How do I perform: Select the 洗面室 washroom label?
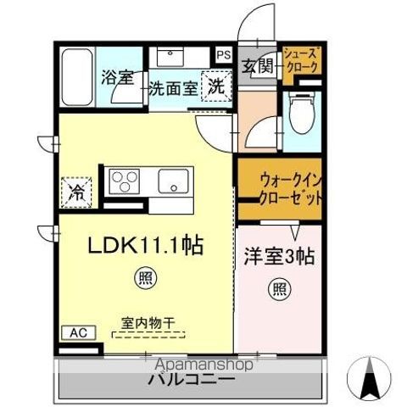pos(173,87)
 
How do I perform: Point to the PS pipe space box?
pos(223,53)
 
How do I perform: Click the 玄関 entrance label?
pos(258,68)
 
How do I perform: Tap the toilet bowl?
pos(301,114)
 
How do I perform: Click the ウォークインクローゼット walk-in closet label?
pos(280,189)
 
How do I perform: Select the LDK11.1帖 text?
pos(145,246)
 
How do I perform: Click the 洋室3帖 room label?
pos(280,255)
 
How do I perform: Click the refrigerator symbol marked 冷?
pos(75,191)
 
